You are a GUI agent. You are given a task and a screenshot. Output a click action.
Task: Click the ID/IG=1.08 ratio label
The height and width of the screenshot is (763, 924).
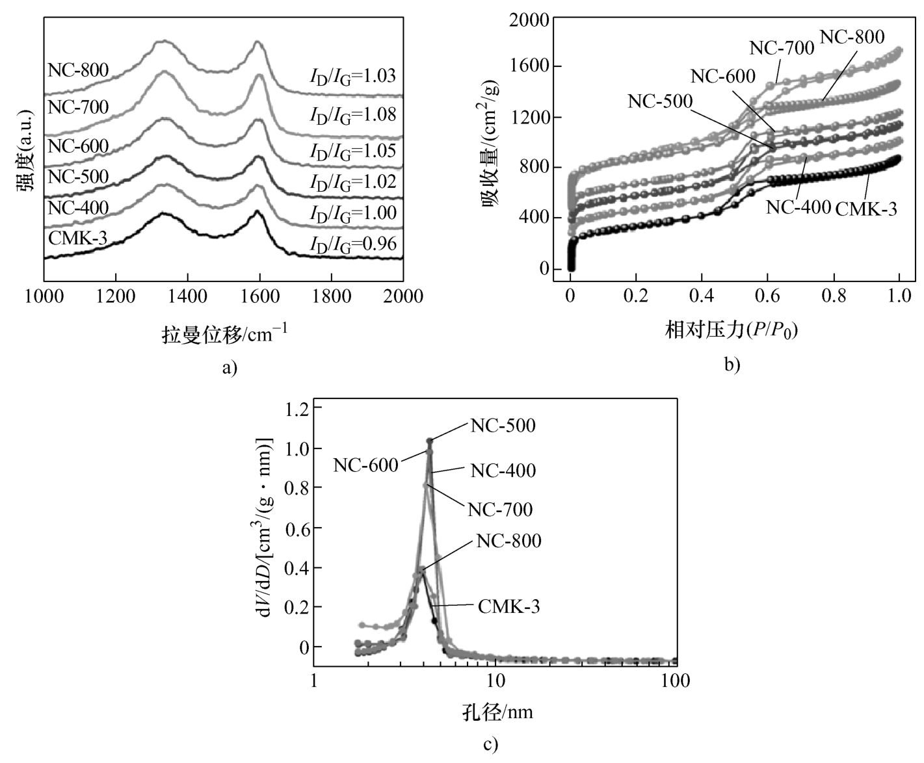pyautogui.click(x=352, y=115)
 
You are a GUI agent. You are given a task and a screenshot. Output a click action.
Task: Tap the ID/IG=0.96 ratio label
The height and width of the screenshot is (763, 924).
pyautogui.click(x=352, y=244)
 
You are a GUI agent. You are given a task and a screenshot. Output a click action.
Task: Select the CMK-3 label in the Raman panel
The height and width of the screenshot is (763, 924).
pyautogui.click(x=77, y=238)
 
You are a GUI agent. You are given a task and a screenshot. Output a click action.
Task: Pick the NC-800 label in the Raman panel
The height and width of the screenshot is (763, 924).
pyautogui.click(x=78, y=70)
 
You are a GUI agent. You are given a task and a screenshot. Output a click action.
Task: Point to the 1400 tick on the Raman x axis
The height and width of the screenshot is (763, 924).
pyautogui.click(x=187, y=296)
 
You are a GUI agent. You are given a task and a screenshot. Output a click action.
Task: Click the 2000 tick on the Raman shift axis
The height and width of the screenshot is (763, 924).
pyautogui.click(x=403, y=296)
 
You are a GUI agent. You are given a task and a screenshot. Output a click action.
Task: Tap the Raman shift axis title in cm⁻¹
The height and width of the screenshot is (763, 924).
pyautogui.click(x=224, y=334)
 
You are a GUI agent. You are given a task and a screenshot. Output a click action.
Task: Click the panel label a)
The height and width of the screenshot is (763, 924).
pyautogui.click(x=230, y=368)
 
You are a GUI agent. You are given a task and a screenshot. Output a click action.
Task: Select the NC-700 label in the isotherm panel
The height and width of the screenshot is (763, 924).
pyautogui.click(x=782, y=48)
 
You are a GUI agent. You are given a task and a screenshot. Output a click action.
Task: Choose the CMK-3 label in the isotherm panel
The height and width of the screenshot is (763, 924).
pyautogui.click(x=865, y=209)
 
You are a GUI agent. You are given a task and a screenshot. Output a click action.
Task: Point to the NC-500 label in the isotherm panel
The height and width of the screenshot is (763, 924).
pyautogui.click(x=660, y=101)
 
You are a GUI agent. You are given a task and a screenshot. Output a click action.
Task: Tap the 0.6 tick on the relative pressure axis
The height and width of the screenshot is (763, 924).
pyautogui.click(x=768, y=296)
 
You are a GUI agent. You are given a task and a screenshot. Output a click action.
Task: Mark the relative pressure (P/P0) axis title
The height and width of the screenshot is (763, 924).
pyautogui.click(x=731, y=331)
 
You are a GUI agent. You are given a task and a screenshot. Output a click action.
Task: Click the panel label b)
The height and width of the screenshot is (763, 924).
pyautogui.click(x=732, y=365)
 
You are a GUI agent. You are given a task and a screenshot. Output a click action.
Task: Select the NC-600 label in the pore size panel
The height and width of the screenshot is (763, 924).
pyautogui.click(x=365, y=465)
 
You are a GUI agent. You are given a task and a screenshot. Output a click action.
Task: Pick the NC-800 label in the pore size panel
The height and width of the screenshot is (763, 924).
pyautogui.click(x=508, y=541)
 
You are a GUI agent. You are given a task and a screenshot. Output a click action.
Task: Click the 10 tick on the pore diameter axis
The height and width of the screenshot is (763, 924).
pyautogui.click(x=495, y=681)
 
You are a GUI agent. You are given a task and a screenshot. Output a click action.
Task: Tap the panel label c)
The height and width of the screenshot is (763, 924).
pyautogui.click(x=491, y=744)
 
